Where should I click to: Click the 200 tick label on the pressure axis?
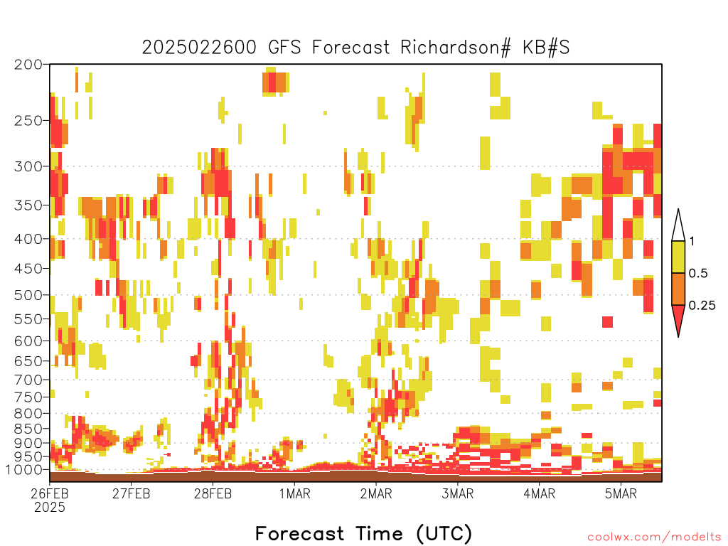pyautogui.click(x=28, y=65)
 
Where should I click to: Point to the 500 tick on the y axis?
pyautogui.click(x=28, y=295)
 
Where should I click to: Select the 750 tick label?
pyautogui.click(x=28, y=397)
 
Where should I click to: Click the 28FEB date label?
pyautogui.click(x=213, y=493)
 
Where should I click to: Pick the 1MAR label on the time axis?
pyautogui.click(x=295, y=493)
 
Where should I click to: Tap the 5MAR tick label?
pyautogui.click(x=621, y=493)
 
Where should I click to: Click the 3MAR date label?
pyautogui.click(x=457, y=493)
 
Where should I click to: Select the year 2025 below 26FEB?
pyautogui.click(x=50, y=507)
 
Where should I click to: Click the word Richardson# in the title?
pyautogui.click(x=456, y=48)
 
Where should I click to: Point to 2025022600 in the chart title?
pyautogui.click(x=199, y=48)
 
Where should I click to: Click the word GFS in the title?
pyautogui.click(x=284, y=48)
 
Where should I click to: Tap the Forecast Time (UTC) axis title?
pyautogui.click(x=363, y=533)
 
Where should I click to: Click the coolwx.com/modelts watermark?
pyautogui.click(x=654, y=537)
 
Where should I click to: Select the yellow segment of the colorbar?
pyautogui.click(x=678, y=257)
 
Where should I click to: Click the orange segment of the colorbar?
pyautogui.click(x=678, y=289)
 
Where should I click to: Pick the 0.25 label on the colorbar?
pyautogui.click(x=702, y=306)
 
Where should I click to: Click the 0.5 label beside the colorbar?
pyautogui.click(x=698, y=273)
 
